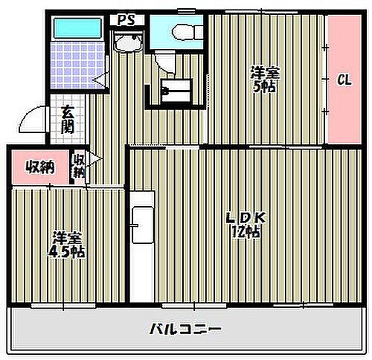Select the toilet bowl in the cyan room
(179, 30)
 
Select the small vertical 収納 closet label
(78, 165)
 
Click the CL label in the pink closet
(344, 80)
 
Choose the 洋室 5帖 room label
(265, 79)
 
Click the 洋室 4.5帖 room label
(68, 245)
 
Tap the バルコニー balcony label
(186, 328)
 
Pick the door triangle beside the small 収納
(94, 158)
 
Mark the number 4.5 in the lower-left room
(60, 252)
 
